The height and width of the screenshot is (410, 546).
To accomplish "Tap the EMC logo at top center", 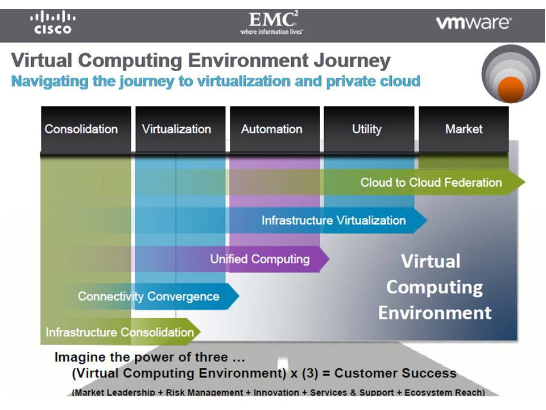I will (271, 23).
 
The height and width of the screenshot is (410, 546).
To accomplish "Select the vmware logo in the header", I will (473, 23).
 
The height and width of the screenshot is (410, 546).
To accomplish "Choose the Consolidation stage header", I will (81, 129).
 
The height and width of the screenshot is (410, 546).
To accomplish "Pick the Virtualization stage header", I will (176, 129).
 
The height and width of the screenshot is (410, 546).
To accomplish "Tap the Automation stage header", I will (271, 129).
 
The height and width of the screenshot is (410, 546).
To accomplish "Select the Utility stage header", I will (366, 129).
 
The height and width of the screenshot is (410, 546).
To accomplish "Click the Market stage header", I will (464, 129).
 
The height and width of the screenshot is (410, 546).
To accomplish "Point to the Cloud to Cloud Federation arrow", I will (431, 183).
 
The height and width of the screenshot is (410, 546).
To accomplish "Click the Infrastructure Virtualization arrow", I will (333, 220).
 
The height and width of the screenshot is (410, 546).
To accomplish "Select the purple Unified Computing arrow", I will (260, 259).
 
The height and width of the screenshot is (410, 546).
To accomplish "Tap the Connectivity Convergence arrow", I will (148, 296).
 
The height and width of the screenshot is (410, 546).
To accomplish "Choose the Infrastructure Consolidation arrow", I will (119, 332).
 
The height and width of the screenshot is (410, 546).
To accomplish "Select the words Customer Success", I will (395, 374).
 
